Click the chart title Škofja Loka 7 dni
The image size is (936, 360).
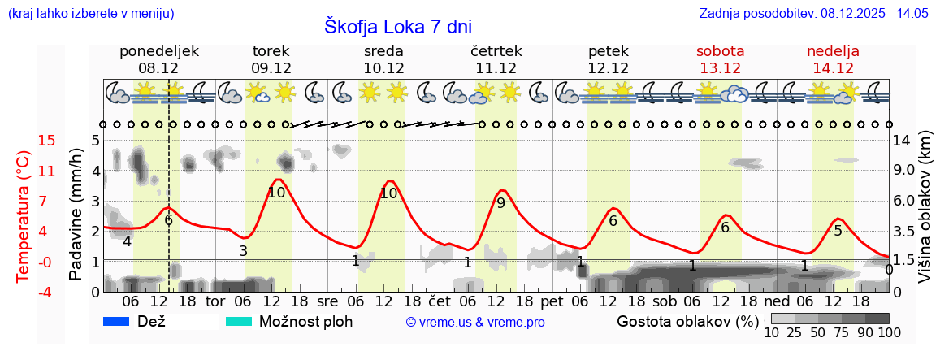[x=397, y=26]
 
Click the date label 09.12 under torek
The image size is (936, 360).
[x=271, y=68]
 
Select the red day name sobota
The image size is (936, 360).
[x=720, y=51]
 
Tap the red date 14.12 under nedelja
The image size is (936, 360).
[x=833, y=68]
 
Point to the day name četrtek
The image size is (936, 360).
[x=496, y=51]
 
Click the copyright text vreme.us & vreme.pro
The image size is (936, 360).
[x=475, y=322]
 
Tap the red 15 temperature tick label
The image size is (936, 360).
[x=24, y=141]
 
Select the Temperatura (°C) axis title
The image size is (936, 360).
[x=24, y=216]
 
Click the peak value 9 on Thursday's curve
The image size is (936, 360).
[x=500, y=203]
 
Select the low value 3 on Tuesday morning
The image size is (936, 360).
[x=243, y=251]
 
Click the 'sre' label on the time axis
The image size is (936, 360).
[x=327, y=301]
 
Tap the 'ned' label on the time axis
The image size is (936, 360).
[x=777, y=301]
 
